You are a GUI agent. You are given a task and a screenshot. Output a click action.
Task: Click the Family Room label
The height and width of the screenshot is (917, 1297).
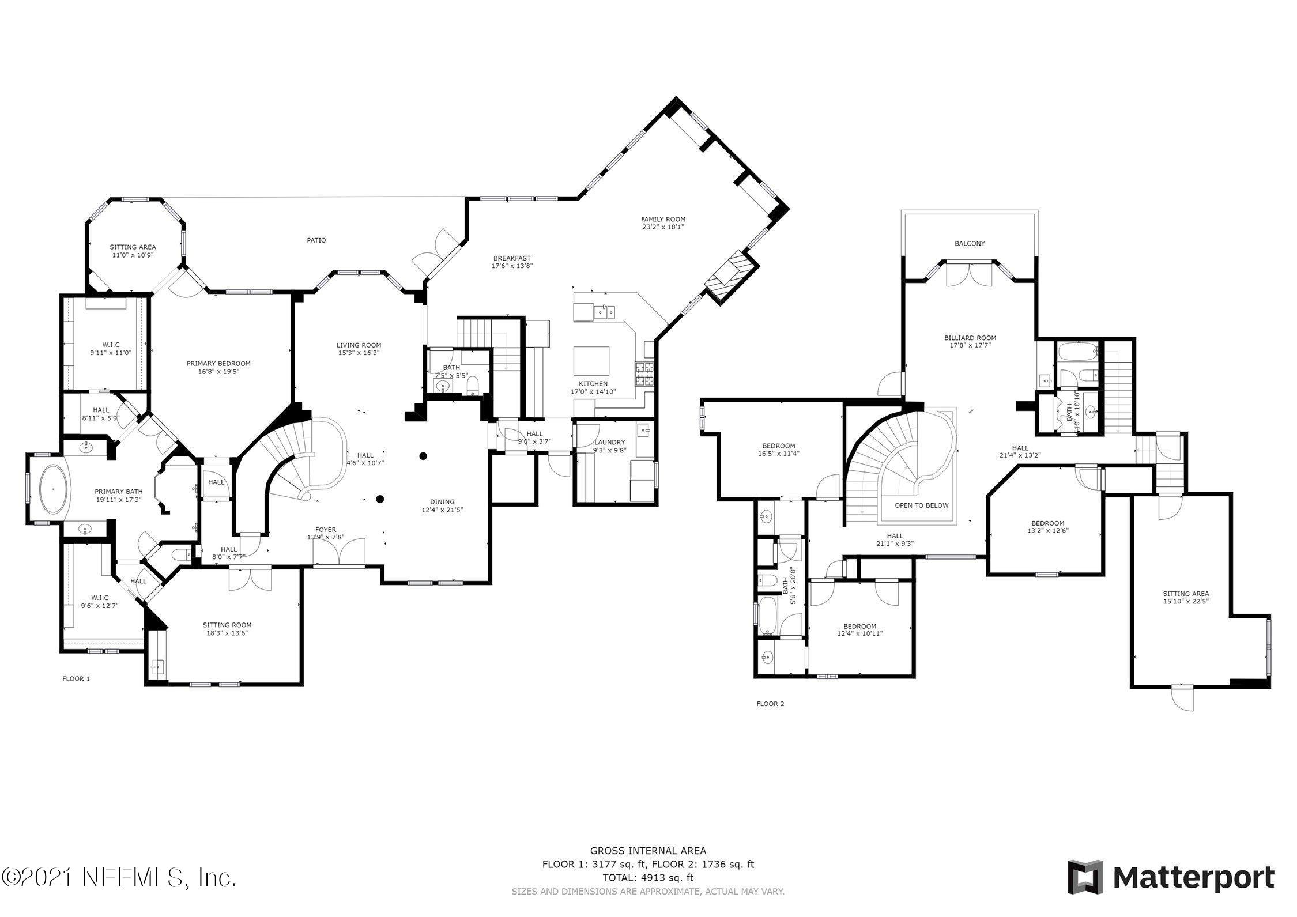click(663, 219)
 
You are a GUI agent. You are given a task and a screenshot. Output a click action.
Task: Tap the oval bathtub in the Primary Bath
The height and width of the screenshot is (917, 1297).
click(54, 489)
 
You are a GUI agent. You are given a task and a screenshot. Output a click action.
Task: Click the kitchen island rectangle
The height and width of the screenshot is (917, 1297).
click(591, 361)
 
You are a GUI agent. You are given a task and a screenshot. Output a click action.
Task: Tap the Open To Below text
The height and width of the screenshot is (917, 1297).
click(921, 505)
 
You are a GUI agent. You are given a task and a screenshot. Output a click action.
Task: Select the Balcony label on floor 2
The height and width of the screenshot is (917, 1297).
click(970, 243)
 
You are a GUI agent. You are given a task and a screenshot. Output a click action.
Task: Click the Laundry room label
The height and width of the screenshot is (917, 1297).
click(609, 443)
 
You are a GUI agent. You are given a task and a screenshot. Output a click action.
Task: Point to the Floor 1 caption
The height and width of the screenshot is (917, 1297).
click(76, 679)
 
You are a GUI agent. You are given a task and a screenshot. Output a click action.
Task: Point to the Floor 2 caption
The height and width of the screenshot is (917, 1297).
click(770, 704)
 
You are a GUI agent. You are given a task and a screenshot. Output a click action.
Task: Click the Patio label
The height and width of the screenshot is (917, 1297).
click(316, 240)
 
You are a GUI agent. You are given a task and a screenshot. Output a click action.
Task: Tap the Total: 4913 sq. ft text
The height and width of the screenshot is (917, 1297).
click(648, 895)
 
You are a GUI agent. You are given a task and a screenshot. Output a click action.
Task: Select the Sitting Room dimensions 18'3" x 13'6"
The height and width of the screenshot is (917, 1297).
click(227, 633)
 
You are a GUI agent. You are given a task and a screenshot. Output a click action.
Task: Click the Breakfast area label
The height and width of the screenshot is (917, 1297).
click(511, 258)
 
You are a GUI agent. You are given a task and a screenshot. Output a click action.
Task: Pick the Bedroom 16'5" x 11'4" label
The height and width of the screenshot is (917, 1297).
click(778, 446)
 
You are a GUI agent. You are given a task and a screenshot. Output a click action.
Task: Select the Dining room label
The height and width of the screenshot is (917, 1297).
click(442, 501)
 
